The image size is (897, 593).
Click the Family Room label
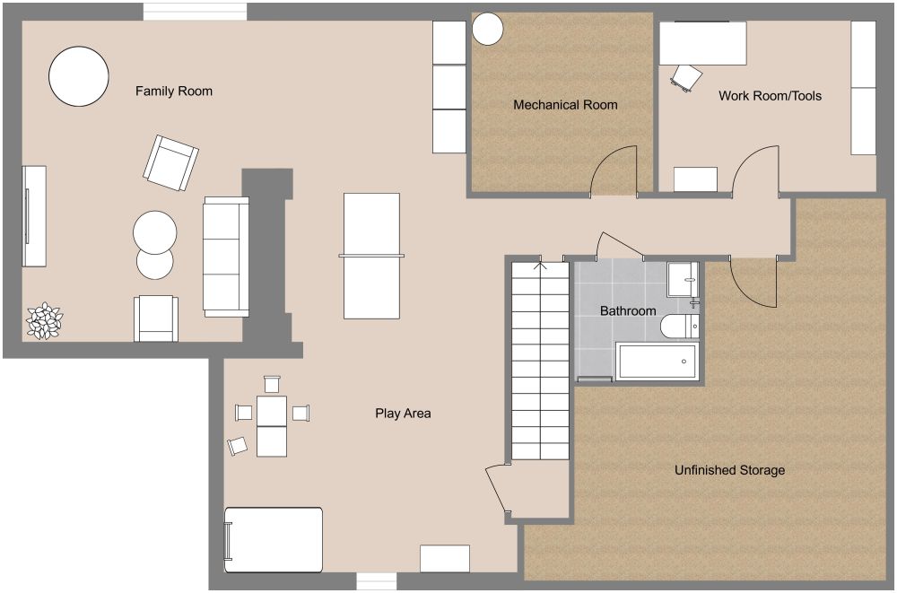(173, 91)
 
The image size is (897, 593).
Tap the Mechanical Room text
(565, 105)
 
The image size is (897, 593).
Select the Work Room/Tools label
(770, 95)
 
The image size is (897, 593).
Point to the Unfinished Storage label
(729, 470)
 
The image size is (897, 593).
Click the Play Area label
(403, 414)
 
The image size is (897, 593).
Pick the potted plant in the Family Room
(43, 321)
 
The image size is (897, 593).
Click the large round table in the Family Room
(79, 77)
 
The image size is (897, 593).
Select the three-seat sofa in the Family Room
(226, 257)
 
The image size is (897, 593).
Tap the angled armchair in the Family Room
(170, 163)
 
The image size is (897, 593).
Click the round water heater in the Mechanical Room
(488, 29)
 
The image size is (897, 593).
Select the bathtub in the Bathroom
(658, 361)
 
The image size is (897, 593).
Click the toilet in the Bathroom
(678, 327)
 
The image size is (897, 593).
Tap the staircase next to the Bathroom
(541, 359)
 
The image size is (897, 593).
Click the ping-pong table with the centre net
(371, 256)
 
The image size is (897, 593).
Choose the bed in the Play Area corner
(274, 539)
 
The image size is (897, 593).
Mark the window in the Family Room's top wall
(195, 11)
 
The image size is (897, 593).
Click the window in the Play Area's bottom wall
(377, 581)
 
